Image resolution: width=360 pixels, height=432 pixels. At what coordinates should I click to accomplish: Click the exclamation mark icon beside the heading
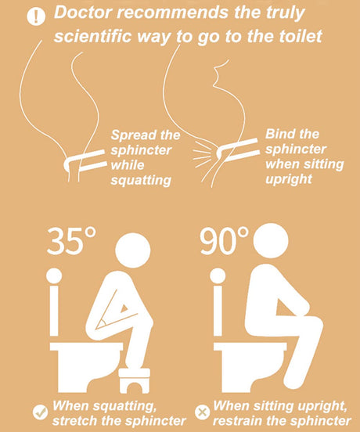(36, 16)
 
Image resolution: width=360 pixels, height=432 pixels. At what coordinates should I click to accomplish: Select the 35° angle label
(71, 240)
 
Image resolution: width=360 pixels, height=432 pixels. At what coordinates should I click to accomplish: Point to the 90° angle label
(224, 240)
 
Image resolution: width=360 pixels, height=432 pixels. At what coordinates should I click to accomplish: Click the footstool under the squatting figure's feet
(135, 380)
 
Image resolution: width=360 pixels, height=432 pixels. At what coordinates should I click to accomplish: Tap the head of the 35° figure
(133, 250)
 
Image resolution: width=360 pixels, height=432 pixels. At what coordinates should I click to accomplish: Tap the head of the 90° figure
(271, 240)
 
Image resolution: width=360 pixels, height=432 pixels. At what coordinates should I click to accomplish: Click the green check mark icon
(40, 412)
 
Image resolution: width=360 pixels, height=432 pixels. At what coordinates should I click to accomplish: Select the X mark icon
(203, 412)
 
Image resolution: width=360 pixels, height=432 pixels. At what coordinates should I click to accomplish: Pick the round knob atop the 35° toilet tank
(54, 276)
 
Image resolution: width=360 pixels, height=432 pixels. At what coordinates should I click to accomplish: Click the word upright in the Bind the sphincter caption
(289, 178)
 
